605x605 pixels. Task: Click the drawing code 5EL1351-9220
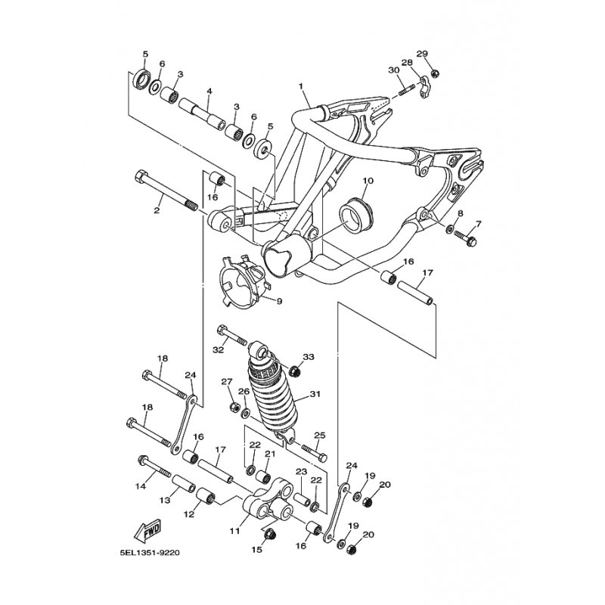(150, 553)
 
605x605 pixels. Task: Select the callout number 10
(368, 180)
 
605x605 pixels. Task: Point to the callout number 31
(315, 394)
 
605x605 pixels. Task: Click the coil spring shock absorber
(271, 389)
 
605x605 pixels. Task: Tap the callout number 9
(279, 300)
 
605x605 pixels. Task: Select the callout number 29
(423, 53)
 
